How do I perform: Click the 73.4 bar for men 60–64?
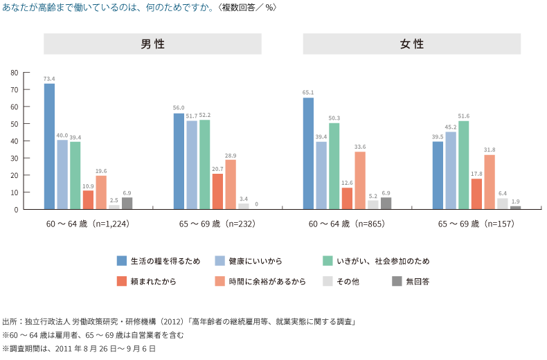coord(49,146)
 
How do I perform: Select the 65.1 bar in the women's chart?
coord(308,153)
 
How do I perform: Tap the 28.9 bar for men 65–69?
coord(231,184)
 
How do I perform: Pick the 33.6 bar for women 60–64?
coord(360,180)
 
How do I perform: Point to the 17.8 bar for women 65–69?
coord(476,194)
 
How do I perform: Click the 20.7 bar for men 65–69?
coord(217,191)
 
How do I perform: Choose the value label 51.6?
coord(463,116)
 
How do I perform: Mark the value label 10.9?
coord(88,186)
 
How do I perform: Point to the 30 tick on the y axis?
coord(15,158)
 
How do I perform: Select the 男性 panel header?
coord(153,44)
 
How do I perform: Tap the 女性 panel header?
coord(412,44)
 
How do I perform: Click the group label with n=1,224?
coord(88,224)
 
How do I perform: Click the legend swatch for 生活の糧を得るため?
coord(121,261)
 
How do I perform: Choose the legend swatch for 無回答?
coord(397,281)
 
